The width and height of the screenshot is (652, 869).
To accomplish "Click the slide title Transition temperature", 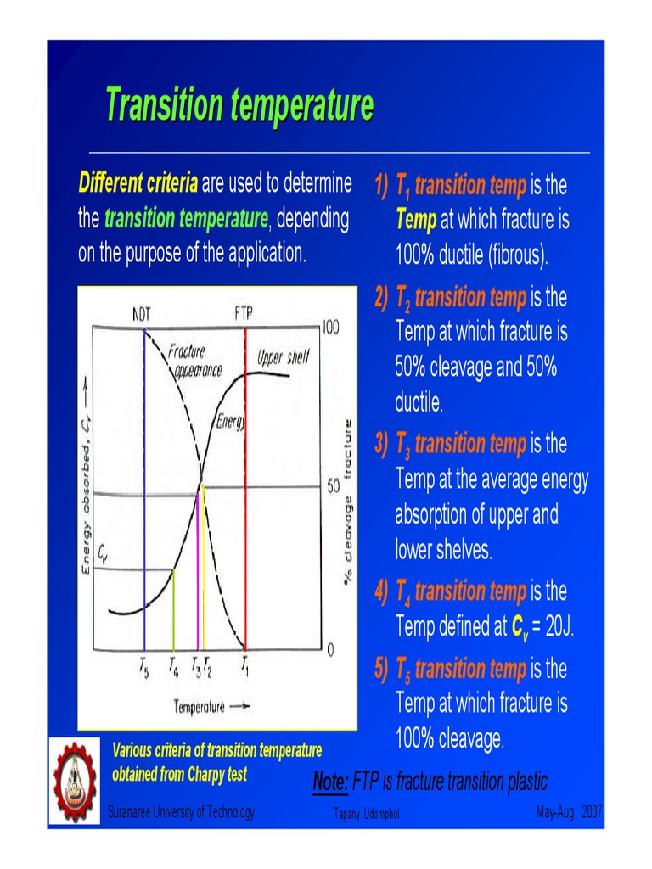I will tap(239, 106).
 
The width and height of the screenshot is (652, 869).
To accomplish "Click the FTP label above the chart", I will tap(244, 313).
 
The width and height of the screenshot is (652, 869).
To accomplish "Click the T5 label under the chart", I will tap(145, 667).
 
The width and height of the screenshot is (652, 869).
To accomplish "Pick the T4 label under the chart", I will tap(172, 667).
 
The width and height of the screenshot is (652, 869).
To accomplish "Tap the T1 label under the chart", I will tap(245, 667).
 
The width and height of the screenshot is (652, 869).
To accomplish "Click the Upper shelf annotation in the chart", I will tap(283, 358).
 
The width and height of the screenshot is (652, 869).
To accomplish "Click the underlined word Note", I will tap(329, 782).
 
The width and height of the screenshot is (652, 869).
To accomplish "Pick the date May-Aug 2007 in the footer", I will tap(570, 813).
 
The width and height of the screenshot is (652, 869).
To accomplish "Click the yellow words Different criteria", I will tap(138, 182).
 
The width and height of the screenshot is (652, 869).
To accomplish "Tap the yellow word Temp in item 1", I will tap(415, 221).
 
